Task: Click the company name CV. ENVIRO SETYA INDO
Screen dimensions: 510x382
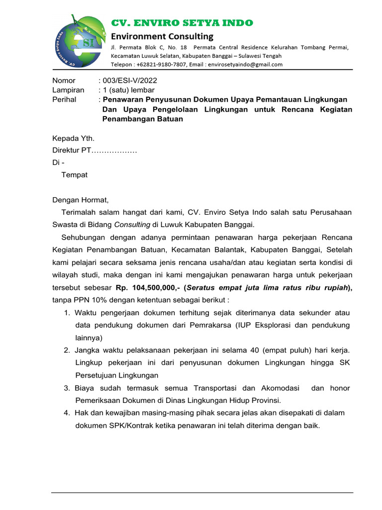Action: [182, 23]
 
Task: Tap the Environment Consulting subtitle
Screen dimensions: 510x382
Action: [162, 36]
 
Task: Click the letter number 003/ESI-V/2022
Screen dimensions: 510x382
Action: [129, 80]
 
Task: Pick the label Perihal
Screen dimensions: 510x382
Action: [65, 100]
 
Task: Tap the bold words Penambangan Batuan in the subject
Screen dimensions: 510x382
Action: [143, 119]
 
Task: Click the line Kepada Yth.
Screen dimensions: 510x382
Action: [73, 138]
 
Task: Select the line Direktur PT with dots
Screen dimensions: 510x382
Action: [95, 150]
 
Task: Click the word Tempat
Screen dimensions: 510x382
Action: [74, 175]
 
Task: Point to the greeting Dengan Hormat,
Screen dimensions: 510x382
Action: [80, 200]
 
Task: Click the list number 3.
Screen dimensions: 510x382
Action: [67, 388]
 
